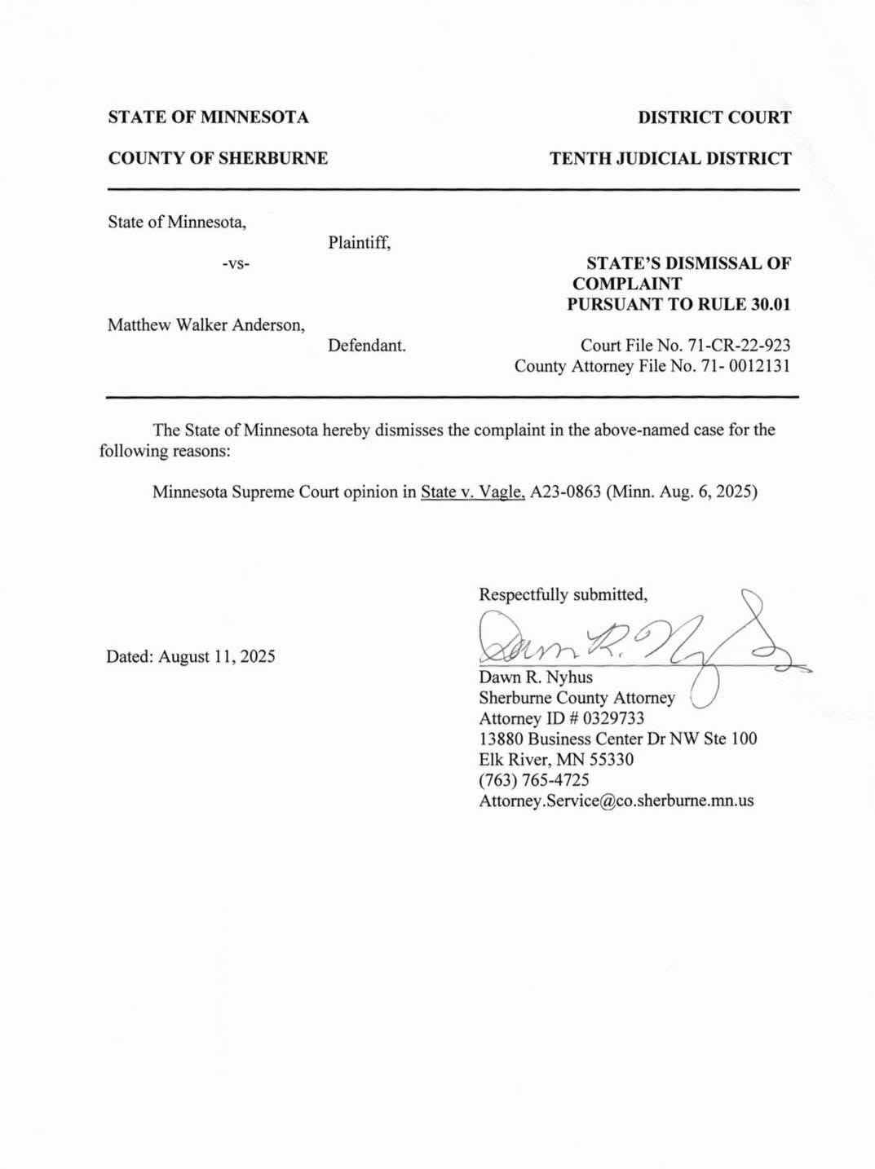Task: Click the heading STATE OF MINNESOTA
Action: pos(208,117)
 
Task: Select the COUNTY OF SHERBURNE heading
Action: pos(218,158)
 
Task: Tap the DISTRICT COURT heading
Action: pos(714,117)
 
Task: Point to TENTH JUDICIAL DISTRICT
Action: pos(670,158)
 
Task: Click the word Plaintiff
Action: pos(359,243)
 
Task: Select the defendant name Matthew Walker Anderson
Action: pos(206,325)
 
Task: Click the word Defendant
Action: pos(366,346)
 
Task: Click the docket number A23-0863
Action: pos(565,492)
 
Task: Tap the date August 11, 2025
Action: pos(217,656)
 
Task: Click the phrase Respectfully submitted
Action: pos(563,595)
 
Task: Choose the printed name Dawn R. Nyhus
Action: pos(536,677)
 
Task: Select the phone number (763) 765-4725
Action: pos(534,780)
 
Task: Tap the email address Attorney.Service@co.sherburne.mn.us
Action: pos(616,801)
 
